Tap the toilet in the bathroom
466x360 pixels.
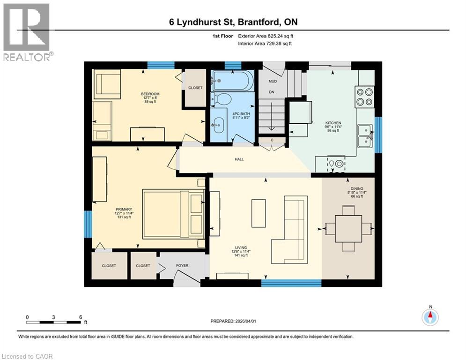click(x=222, y=99)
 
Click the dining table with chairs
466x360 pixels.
click(x=348, y=229)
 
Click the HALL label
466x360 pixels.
click(x=239, y=159)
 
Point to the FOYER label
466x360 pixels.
click(x=182, y=266)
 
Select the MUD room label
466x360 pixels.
click(x=272, y=82)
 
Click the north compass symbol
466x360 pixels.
click(x=430, y=317)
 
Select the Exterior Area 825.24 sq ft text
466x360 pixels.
click(x=266, y=36)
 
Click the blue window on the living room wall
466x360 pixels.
click(x=291, y=283)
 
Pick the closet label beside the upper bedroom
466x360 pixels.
click(x=195, y=88)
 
